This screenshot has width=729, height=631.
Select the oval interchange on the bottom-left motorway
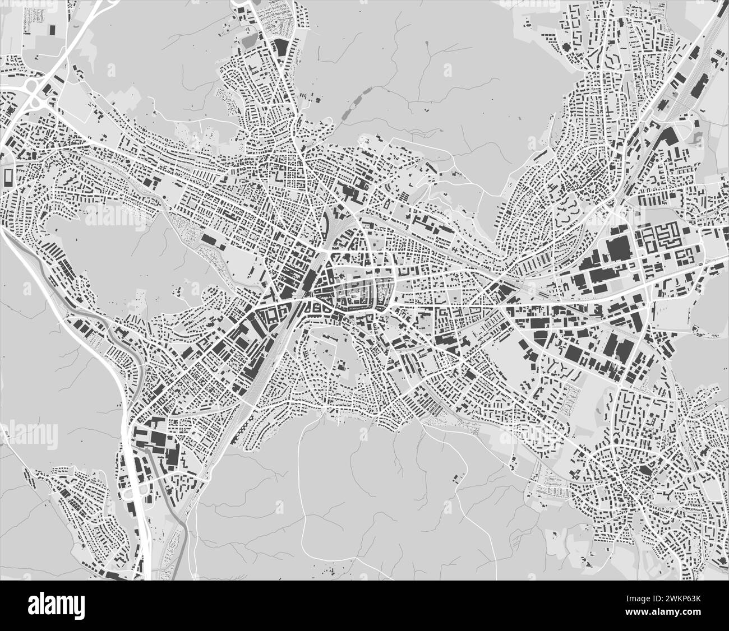[135, 493]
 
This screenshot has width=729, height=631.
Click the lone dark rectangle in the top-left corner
[53, 29]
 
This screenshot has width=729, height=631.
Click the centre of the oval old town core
[354, 291]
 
